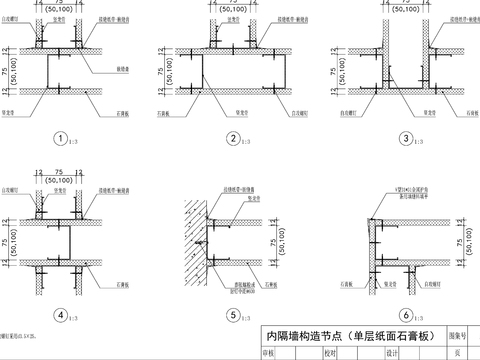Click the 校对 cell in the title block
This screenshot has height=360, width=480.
[x=329, y=352]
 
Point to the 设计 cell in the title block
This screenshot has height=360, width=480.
[x=392, y=352]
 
